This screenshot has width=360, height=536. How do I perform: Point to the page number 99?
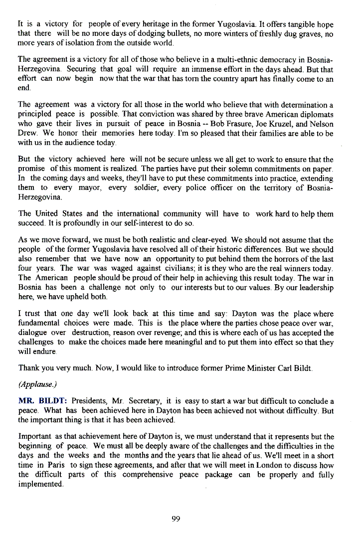click(x=176, y=519)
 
